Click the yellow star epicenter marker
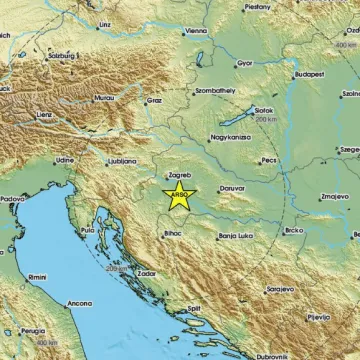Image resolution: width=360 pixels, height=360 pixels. pos(179,196)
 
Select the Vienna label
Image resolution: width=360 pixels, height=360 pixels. pos(196,32)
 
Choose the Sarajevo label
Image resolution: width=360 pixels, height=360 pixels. pos(279,288)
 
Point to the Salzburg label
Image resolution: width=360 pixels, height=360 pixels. pos(60,57)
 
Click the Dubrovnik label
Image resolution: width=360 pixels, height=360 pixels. pos(270,356)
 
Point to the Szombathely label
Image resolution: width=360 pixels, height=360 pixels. pos(213,90)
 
